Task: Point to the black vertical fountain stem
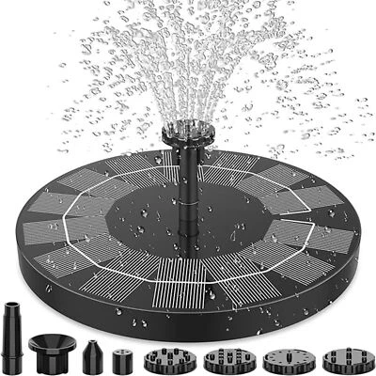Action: tap(178, 174)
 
